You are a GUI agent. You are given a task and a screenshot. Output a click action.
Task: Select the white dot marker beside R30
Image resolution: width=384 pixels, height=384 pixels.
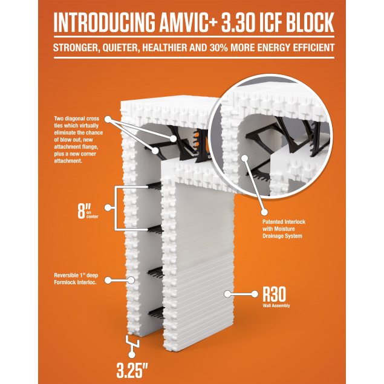click(x=228, y=295)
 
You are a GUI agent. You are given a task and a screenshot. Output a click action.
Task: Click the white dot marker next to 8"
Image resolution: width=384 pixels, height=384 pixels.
click(x=108, y=208)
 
